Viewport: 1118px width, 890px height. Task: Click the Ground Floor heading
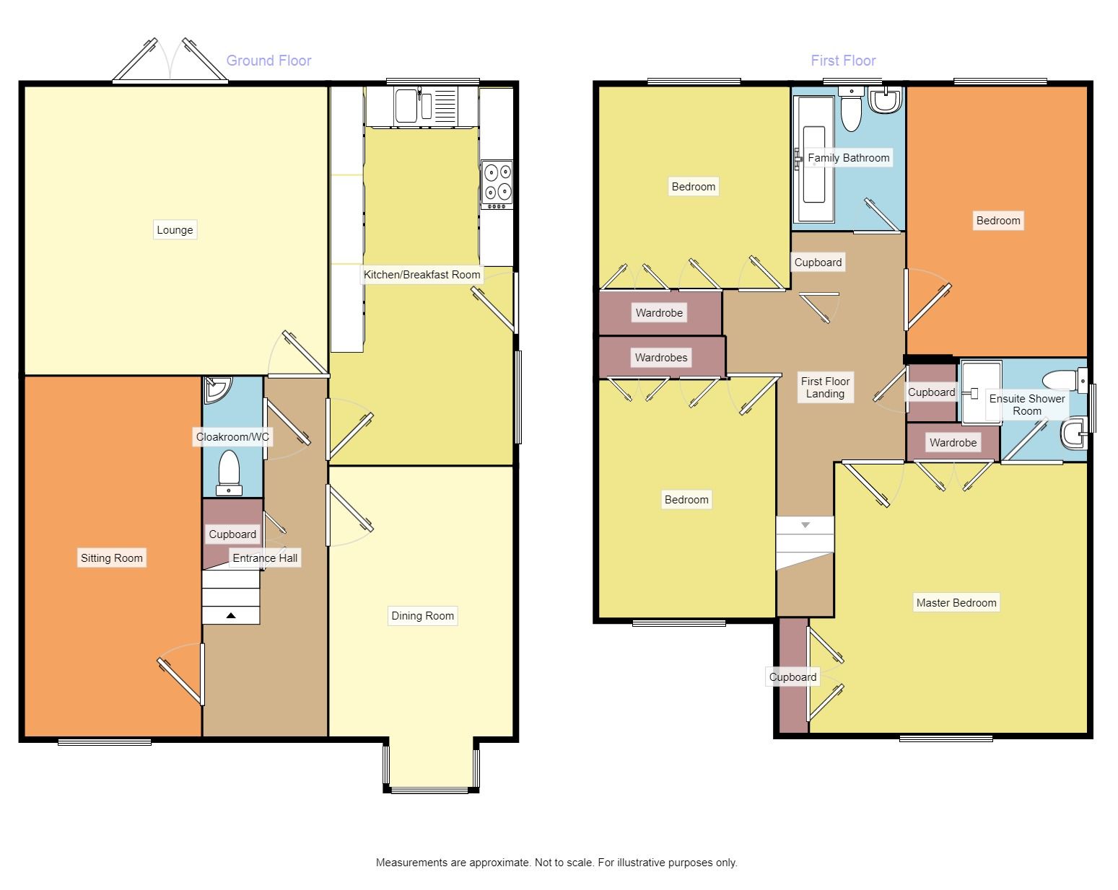click(268, 61)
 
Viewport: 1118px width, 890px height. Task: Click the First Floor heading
click(843, 61)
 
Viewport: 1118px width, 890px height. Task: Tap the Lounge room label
click(175, 230)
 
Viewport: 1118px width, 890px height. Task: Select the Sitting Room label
click(112, 558)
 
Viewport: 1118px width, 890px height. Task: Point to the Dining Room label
click(422, 616)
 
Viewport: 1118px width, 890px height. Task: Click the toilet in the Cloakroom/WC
click(229, 473)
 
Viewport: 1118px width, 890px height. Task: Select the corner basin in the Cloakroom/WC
click(216, 389)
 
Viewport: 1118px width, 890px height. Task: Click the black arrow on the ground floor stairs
click(231, 615)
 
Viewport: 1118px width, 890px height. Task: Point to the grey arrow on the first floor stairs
click(805, 525)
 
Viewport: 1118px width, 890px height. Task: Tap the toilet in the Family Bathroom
click(851, 108)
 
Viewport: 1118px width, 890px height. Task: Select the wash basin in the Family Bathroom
click(885, 100)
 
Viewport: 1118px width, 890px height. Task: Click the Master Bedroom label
click(956, 603)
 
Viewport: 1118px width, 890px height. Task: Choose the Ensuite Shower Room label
click(1027, 405)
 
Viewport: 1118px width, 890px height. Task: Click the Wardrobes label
click(661, 358)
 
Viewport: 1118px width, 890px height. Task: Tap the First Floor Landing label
click(825, 388)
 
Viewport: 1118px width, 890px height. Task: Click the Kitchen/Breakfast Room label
click(422, 275)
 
